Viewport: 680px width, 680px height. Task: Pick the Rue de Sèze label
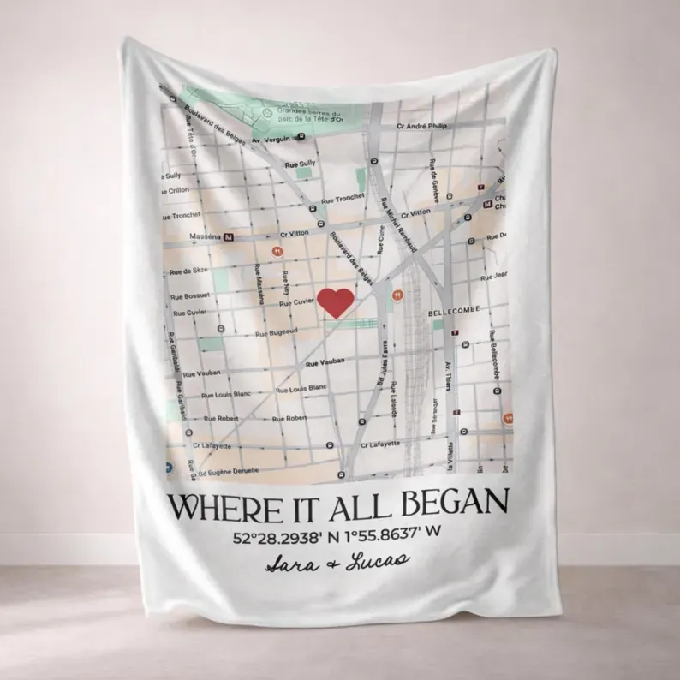pyautogui.click(x=188, y=270)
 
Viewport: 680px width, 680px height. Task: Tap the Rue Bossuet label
pyautogui.click(x=191, y=295)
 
